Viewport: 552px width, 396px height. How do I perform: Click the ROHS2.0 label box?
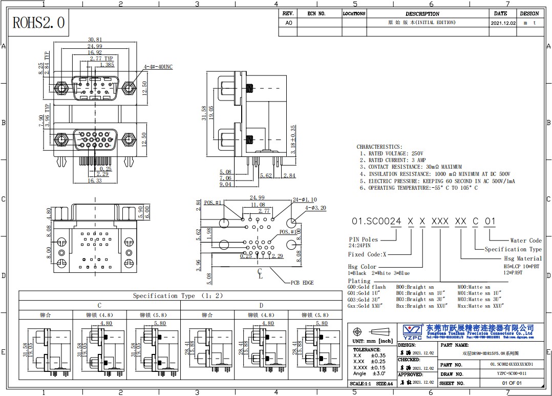click(x=38, y=23)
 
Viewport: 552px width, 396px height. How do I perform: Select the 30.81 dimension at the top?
click(x=95, y=39)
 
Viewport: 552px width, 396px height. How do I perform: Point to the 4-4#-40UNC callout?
click(x=158, y=67)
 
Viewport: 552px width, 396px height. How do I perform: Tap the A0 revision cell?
click(x=288, y=23)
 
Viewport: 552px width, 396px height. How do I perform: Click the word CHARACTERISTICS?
click(x=379, y=147)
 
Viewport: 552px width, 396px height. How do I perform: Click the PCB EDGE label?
click(x=302, y=283)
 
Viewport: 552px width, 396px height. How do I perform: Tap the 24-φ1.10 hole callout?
click(x=304, y=199)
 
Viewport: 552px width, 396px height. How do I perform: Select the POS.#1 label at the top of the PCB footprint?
click(x=213, y=203)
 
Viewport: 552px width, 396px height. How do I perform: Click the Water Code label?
click(x=525, y=240)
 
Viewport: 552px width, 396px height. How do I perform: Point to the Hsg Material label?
click(x=522, y=259)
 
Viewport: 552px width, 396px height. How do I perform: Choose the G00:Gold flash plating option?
click(x=367, y=287)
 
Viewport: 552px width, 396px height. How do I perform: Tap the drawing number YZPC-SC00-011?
click(x=505, y=373)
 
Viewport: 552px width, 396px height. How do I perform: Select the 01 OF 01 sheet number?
click(x=512, y=383)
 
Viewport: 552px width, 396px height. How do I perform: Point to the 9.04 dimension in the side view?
click(x=225, y=184)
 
